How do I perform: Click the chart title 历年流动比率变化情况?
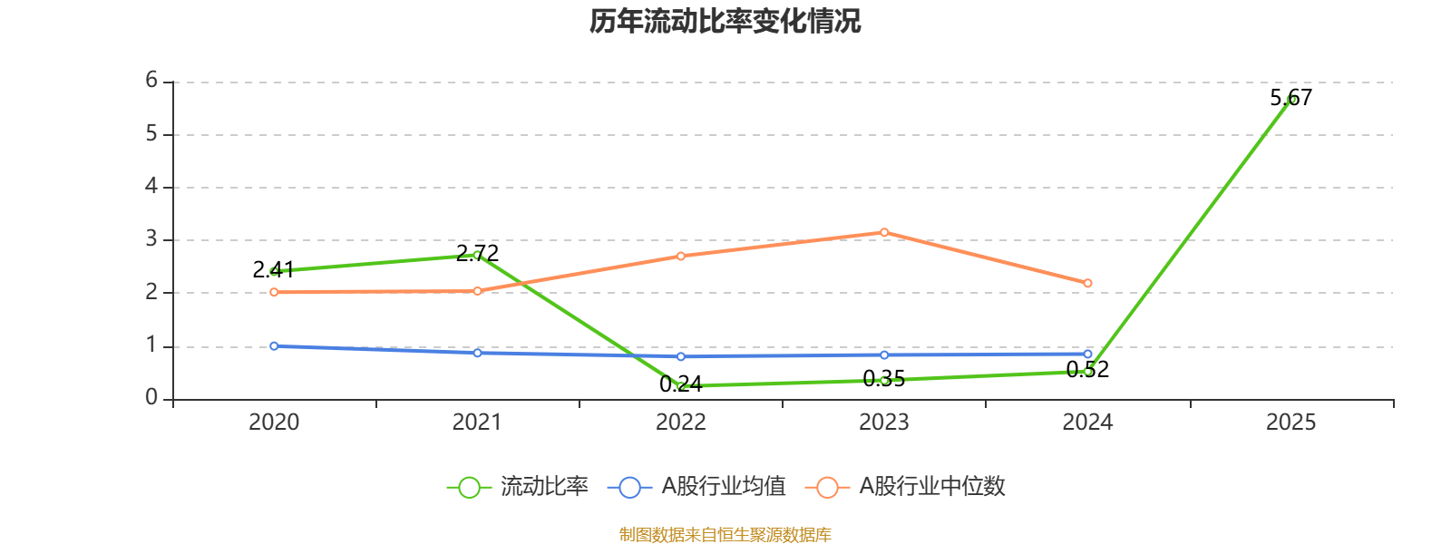tap(725, 22)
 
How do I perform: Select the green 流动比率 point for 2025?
tap(1290, 100)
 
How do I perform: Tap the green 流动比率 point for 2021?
tap(477, 255)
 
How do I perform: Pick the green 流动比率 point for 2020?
tap(274, 271)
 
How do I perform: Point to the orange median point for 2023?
tap(884, 232)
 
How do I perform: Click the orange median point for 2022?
tap(681, 256)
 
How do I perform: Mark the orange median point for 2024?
tap(1087, 283)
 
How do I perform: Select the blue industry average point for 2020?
tap(274, 345)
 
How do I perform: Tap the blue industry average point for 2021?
tap(477, 353)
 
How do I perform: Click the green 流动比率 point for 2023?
tap(884, 380)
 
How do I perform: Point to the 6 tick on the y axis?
tap(151, 81)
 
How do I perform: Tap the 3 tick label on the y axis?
tap(151, 239)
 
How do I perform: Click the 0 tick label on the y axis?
tap(151, 398)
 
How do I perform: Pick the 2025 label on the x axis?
tap(1290, 423)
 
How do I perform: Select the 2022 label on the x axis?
tap(681, 423)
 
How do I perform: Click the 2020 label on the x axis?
tap(274, 423)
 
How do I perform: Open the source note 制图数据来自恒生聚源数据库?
tap(725, 535)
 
